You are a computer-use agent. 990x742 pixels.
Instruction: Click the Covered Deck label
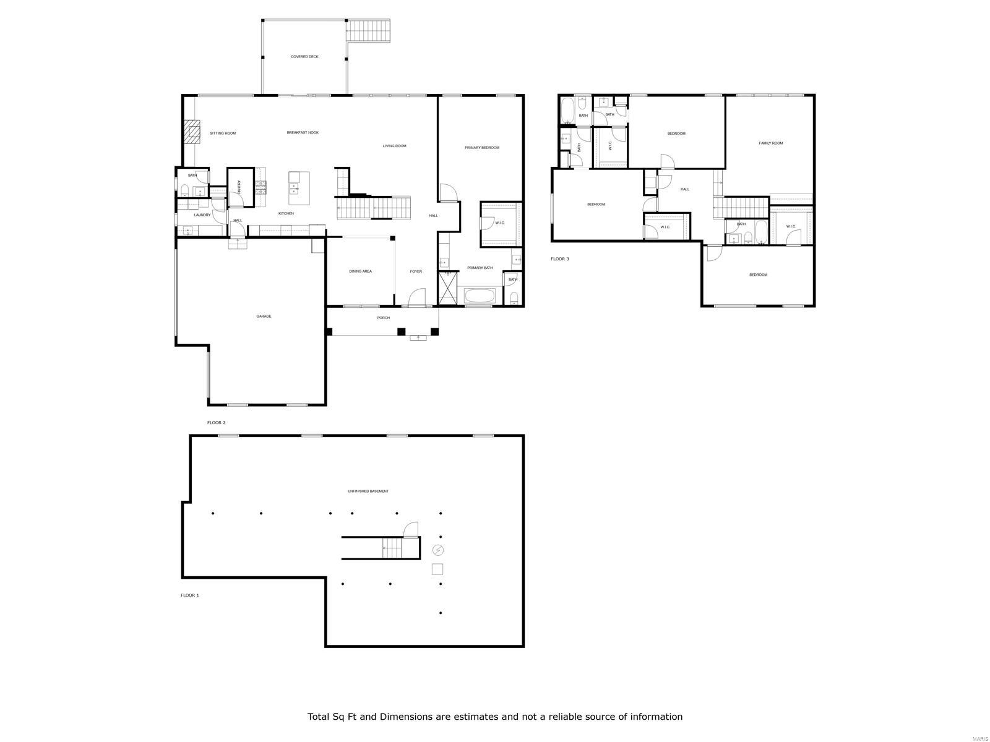click(x=304, y=56)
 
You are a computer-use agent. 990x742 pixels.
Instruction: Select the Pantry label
click(x=238, y=186)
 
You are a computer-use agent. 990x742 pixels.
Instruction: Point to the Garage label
click(x=264, y=316)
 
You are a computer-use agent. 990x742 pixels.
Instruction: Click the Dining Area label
click(x=360, y=271)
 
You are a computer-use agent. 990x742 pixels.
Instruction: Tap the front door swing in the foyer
click(x=418, y=297)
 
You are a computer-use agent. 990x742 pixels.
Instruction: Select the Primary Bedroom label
click(x=482, y=147)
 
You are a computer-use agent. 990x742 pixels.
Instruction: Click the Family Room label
click(x=770, y=143)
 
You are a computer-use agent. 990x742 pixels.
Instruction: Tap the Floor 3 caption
click(x=559, y=258)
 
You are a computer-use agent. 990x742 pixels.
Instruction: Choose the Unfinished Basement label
click(x=368, y=491)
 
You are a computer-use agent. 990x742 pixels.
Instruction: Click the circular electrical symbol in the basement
click(x=438, y=550)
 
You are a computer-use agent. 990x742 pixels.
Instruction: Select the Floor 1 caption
click(x=189, y=595)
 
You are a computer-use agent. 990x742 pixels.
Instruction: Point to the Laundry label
click(x=202, y=215)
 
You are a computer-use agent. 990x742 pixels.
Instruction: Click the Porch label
click(x=384, y=318)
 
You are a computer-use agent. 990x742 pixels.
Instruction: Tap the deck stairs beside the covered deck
click(x=370, y=30)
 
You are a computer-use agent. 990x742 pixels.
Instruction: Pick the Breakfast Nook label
click(x=303, y=132)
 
